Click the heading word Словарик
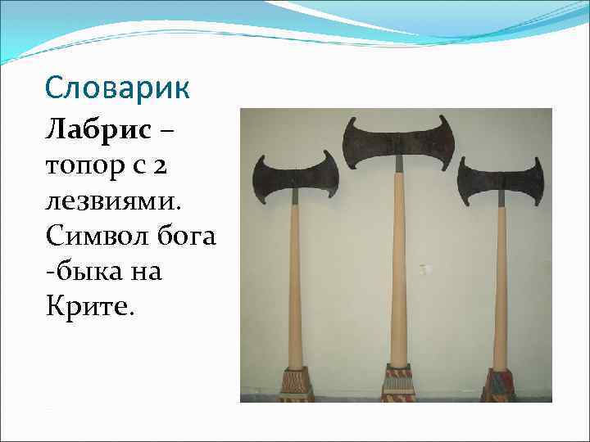pyautogui.click(x=117, y=85)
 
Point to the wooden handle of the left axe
pyautogui.click(x=293, y=286)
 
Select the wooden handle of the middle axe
pyautogui.click(x=398, y=270)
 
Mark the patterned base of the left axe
pyautogui.click(x=296, y=386)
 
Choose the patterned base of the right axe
pyautogui.click(x=497, y=385)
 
